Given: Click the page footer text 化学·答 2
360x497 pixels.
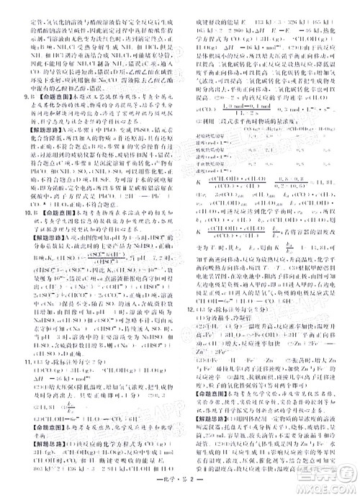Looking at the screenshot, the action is pos(180,487).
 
